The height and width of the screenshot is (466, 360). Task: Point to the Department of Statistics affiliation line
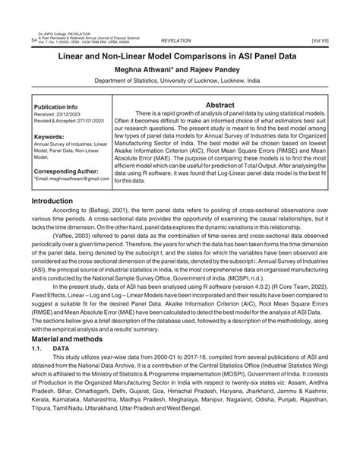click(180, 84)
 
